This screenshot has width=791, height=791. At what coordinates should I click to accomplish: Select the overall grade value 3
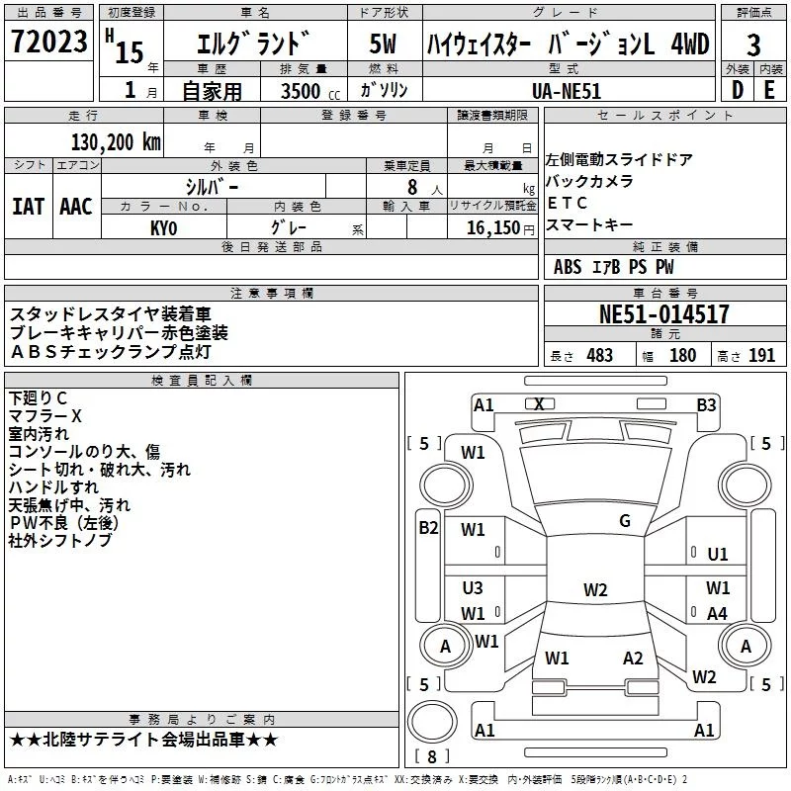[x=753, y=45]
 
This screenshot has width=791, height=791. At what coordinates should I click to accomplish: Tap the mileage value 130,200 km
[x=116, y=141]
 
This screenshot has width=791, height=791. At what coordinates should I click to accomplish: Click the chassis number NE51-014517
[x=664, y=314]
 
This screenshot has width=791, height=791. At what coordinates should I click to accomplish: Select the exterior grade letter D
[x=737, y=89]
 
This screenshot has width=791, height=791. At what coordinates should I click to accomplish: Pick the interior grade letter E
[x=769, y=89]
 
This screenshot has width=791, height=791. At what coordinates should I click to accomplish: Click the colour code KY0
[x=164, y=227]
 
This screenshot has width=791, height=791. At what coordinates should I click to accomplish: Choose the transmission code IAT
[x=28, y=207]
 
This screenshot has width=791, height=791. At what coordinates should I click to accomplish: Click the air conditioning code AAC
[x=75, y=207]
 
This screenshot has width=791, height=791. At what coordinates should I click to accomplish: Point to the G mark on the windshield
[x=624, y=521]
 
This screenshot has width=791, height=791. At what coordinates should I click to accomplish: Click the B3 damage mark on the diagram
[x=705, y=404]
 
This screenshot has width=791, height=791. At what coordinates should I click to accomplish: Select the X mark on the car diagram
[x=539, y=404]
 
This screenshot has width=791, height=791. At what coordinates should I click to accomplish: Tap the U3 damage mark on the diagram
[x=473, y=588]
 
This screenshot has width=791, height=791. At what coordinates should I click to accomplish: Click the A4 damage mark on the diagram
[x=717, y=614]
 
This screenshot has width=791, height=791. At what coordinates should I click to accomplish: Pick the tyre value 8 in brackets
[x=431, y=757]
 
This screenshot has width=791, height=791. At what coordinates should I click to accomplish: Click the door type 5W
[x=383, y=45]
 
